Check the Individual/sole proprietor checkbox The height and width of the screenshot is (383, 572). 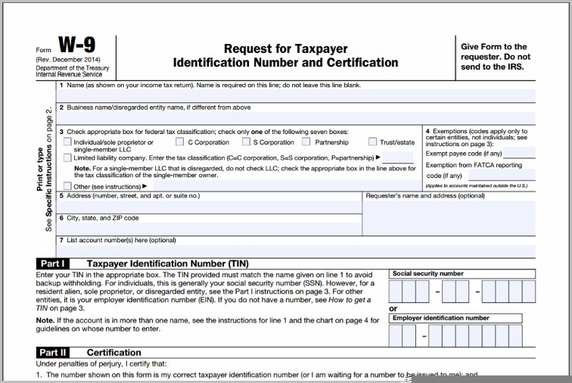click(x=68, y=142)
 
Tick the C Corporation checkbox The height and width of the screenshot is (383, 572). click(x=180, y=142)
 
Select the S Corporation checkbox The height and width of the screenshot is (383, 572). click(x=245, y=142)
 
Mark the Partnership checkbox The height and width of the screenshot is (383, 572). click(x=306, y=142)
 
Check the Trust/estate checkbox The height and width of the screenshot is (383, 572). click(x=372, y=142)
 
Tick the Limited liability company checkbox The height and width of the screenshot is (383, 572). click(x=68, y=157)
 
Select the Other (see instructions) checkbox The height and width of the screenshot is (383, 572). click(x=68, y=185)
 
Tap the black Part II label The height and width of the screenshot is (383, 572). click(x=53, y=353)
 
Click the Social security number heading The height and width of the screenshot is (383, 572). click(x=427, y=274)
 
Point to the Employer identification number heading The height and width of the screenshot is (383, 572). click(x=440, y=318)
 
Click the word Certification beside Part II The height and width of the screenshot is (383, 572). click(x=113, y=353)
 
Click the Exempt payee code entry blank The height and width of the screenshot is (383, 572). click(x=519, y=154)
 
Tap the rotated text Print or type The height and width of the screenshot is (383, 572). click(x=39, y=169)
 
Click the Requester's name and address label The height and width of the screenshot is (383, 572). click(x=424, y=196)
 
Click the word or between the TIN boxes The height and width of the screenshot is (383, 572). click(x=393, y=309)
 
